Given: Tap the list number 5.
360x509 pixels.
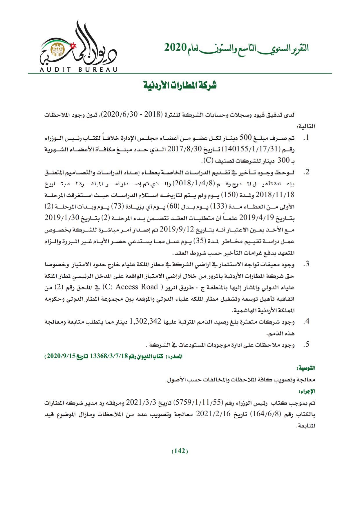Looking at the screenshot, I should [x=306, y=345].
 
